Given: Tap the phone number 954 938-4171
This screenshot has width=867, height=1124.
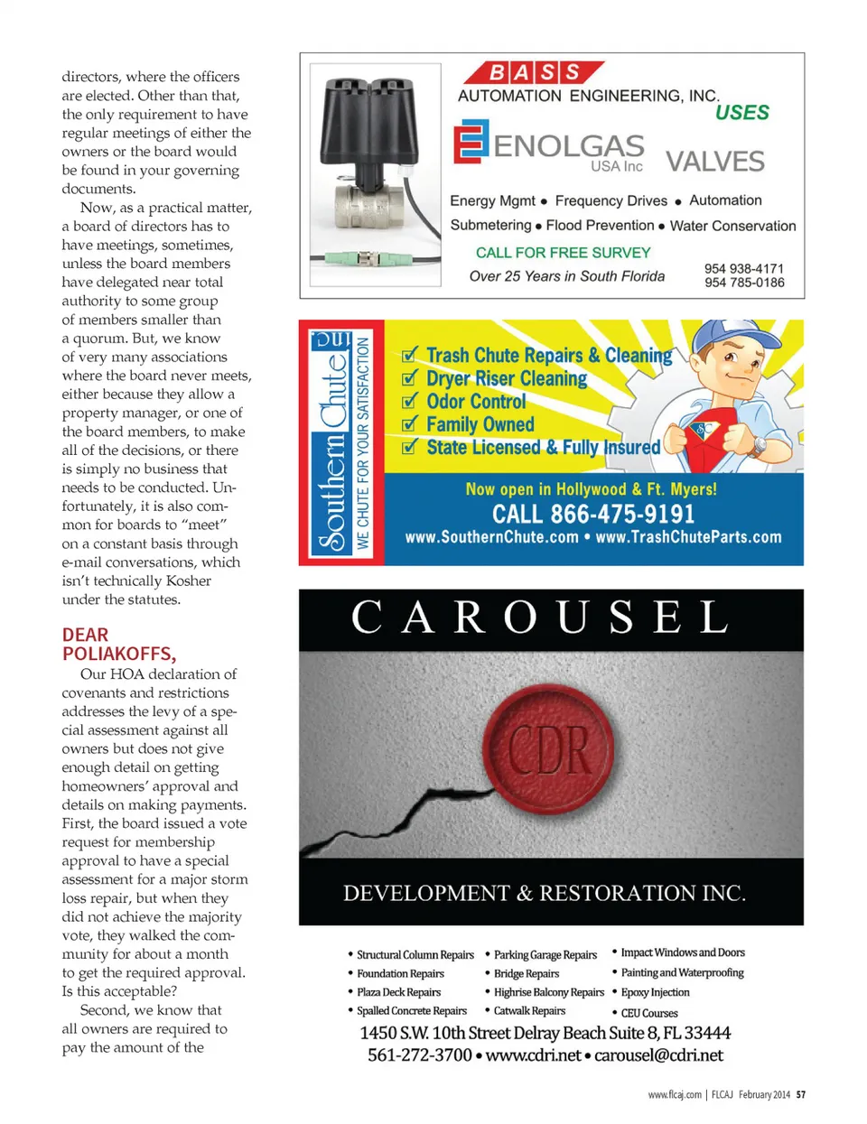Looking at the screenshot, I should click(x=743, y=268).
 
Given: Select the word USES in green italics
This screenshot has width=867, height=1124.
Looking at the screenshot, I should click(x=741, y=113).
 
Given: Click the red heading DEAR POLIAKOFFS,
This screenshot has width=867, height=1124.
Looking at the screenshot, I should click(x=118, y=645).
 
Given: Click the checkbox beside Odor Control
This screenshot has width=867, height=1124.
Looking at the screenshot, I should click(x=410, y=401).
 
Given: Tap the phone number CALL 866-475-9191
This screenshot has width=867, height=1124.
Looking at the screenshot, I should click(x=593, y=515).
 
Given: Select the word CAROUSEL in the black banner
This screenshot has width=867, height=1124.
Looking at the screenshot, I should click(x=540, y=618).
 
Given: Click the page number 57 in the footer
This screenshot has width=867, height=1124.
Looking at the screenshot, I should click(x=800, y=1094).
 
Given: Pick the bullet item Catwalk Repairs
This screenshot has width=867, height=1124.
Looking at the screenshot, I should click(x=529, y=1011).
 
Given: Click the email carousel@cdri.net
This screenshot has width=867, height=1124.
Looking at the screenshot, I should click(x=658, y=1054).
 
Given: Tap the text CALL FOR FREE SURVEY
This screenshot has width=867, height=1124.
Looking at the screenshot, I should click(x=563, y=253).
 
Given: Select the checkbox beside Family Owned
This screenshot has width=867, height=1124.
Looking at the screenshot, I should click(x=410, y=423).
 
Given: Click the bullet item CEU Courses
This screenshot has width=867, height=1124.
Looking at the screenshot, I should click(x=648, y=1013).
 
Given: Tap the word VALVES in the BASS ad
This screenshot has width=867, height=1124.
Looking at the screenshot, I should click(x=714, y=162).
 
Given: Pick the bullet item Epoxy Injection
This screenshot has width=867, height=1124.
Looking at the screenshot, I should click(x=655, y=992).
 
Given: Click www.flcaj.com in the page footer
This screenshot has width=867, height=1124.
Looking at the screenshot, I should click(x=674, y=1094).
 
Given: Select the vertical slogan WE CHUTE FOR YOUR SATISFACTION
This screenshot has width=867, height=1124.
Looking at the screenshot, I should click(x=363, y=442).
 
